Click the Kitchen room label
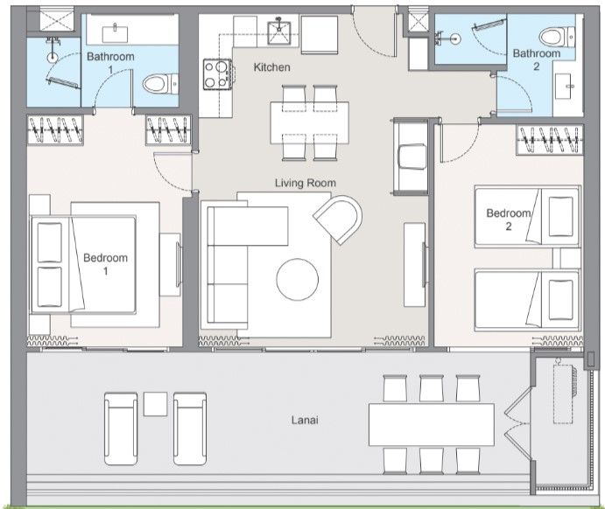[271, 67]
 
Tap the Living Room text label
[306, 183]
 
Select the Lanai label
[304, 421]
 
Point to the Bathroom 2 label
[536, 59]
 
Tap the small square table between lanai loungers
[155, 404]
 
